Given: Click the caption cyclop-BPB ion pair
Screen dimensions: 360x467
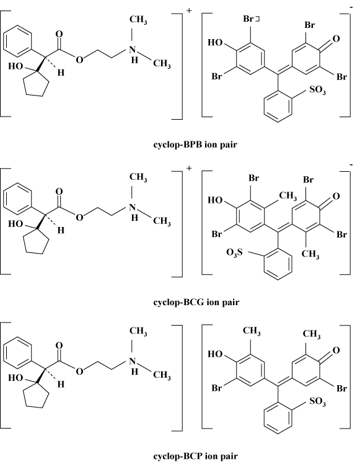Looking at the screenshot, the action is (x=195, y=145).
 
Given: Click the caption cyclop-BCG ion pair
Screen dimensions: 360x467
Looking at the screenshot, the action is (x=196, y=302).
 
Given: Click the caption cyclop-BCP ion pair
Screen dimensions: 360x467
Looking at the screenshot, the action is (x=195, y=456).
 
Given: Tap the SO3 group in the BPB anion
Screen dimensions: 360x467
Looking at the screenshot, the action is (x=317, y=91).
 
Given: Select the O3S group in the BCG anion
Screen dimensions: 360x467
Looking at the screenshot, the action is (x=234, y=253).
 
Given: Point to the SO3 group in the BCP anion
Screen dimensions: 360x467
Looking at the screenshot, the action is (x=317, y=401).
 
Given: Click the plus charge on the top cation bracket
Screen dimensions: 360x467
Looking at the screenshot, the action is (x=189, y=11).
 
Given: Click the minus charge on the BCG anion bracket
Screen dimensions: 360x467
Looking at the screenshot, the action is (x=351, y=164).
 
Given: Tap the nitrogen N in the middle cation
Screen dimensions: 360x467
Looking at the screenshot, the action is (x=133, y=207).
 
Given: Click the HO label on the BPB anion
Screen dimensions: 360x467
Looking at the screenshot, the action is (x=215, y=43).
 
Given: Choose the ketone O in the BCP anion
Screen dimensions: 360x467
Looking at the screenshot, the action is (x=336, y=350).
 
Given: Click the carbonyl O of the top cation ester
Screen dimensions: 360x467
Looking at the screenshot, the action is (x=59, y=34).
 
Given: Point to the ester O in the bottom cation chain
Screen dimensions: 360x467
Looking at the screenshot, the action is (x=79, y=371).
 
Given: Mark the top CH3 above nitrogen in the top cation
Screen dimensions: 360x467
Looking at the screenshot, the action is (x=138, y=20).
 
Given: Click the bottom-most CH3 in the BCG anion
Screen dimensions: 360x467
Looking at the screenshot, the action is (x=310, y=254).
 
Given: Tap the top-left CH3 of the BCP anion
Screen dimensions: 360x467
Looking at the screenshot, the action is (x=252, y=331).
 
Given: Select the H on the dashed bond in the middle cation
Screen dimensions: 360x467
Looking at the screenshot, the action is (x=61, y=230).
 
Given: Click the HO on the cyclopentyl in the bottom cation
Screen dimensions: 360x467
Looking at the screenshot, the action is (x=15, y=378).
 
